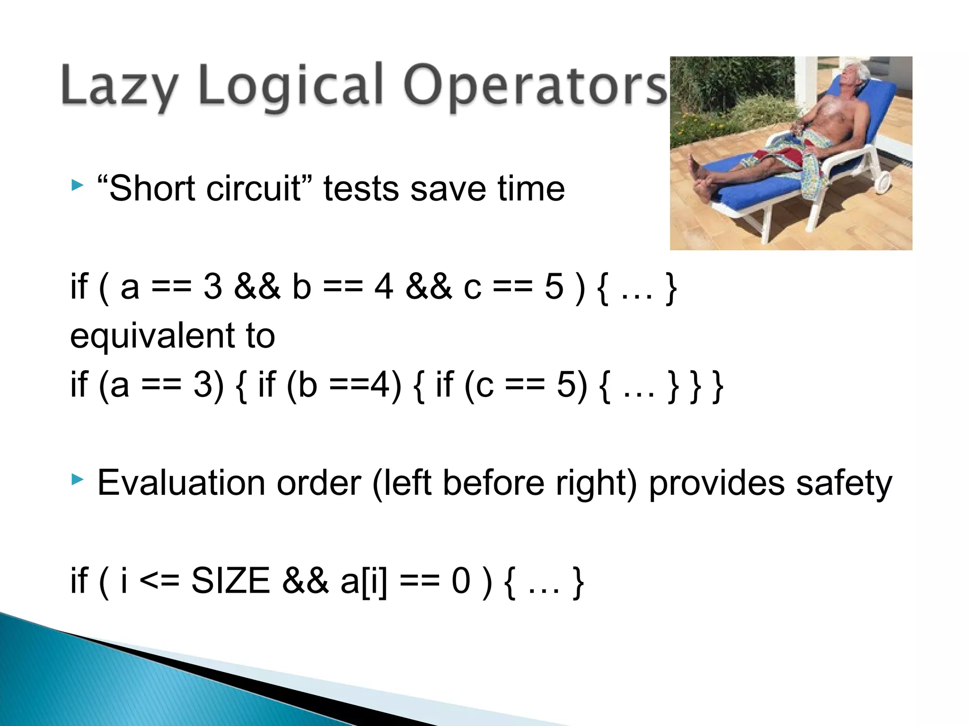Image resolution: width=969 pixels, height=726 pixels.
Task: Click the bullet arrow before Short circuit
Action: pos(77,185)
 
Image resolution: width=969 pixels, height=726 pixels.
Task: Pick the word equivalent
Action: pos(152,336)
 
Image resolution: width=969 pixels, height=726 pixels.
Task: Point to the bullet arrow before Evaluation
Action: pos(77,480)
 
